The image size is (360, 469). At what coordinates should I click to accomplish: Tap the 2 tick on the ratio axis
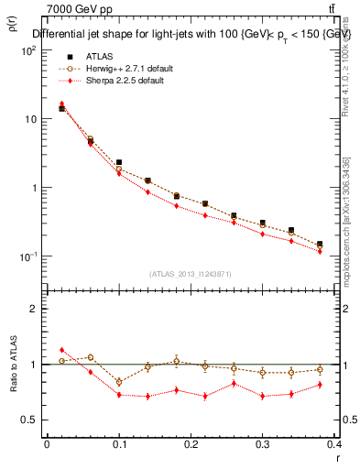(32, 309)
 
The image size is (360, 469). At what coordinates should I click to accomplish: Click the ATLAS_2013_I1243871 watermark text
(191, 274)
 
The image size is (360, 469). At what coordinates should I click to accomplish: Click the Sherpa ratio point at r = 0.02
(61, 350)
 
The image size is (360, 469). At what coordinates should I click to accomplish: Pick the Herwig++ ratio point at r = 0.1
(119, 381)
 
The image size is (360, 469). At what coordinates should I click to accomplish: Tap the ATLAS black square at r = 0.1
(119, 162)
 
